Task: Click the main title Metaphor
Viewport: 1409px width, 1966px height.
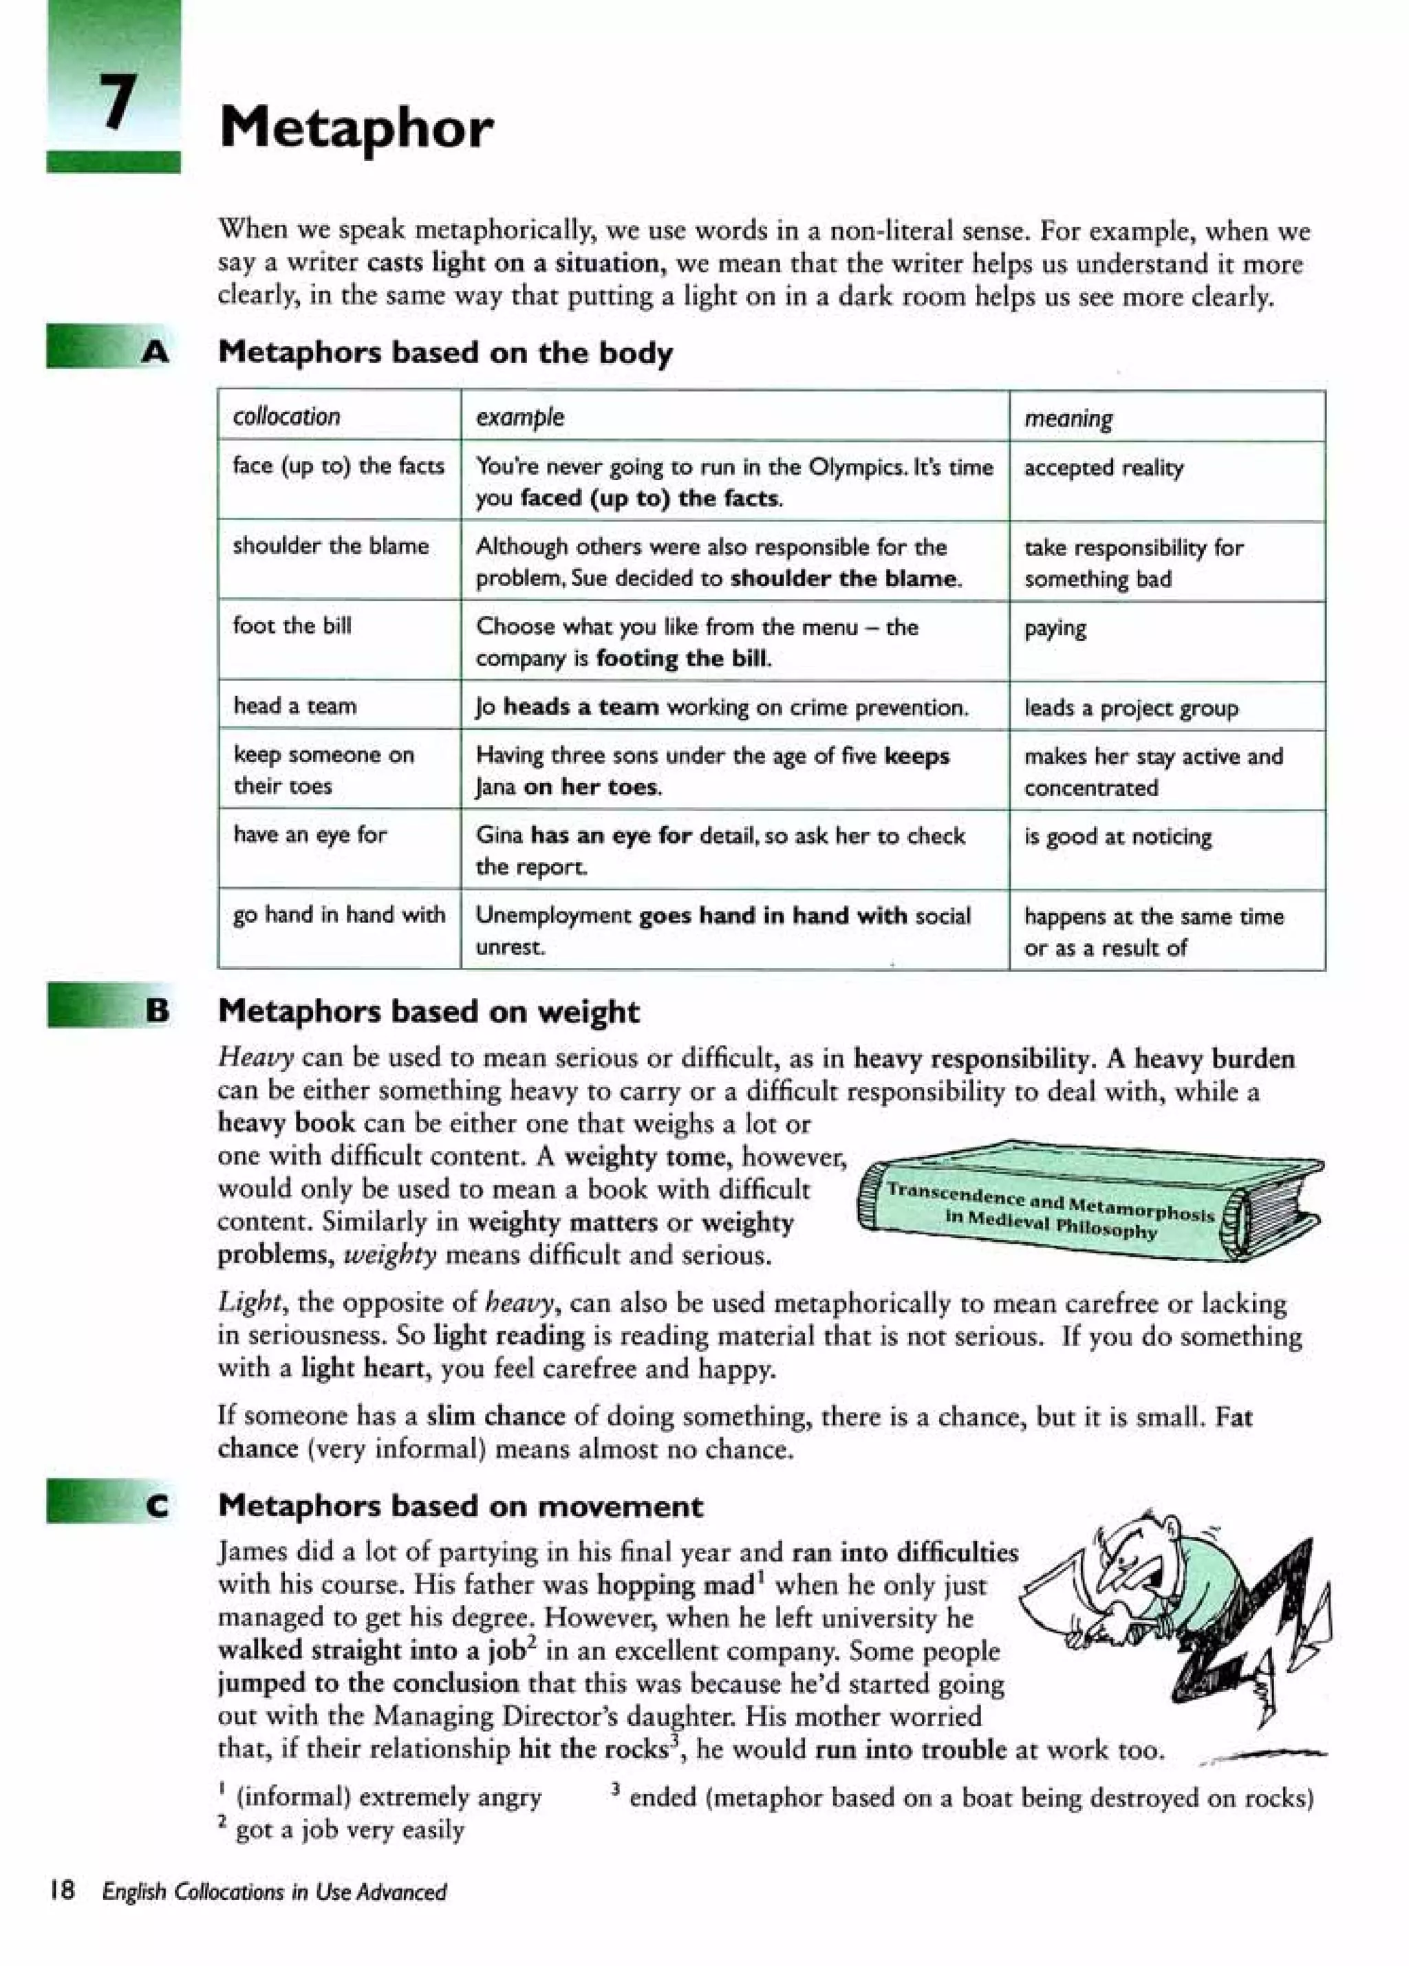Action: click(356, 127)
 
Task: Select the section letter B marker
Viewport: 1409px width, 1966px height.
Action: click(157, 1010)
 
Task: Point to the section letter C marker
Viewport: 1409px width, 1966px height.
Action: click(157, 1506)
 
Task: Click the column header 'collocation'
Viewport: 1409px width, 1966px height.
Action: click(286, 417)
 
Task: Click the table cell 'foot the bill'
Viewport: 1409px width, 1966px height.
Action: click(292, 625)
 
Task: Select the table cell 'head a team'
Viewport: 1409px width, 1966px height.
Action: click(295, 706)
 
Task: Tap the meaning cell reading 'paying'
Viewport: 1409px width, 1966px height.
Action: click(1055, 627)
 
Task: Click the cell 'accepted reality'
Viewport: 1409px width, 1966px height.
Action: click(1103, 468)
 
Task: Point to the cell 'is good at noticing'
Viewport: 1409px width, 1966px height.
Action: click(1117, 836)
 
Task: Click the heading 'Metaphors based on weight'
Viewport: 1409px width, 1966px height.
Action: click(429, 1011)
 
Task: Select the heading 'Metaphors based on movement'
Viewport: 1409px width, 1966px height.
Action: click(460, 1506)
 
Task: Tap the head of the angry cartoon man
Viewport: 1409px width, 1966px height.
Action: click(1136, 1560)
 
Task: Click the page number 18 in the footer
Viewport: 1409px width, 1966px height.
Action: click(63, 1890)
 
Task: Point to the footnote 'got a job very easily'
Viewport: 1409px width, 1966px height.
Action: click(349, 1829)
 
